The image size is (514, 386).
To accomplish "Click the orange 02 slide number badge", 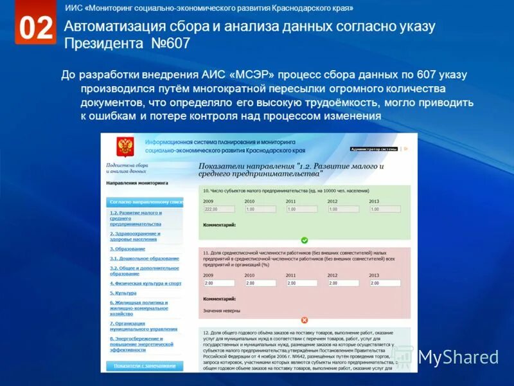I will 35,28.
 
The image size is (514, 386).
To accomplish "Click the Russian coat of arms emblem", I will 123,146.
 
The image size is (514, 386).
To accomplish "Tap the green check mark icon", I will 305,240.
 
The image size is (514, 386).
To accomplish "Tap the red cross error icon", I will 305,320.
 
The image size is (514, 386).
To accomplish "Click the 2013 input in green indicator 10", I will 384,209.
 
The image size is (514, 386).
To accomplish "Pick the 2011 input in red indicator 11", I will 301,283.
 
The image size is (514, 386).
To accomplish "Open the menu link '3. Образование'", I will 127,249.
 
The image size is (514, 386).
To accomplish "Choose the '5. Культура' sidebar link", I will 123,293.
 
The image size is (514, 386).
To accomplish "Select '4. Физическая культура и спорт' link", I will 145,283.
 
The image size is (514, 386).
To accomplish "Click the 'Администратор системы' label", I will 374,149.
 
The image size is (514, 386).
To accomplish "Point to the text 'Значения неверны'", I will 222,310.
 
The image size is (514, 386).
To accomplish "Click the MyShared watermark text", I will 457,357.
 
